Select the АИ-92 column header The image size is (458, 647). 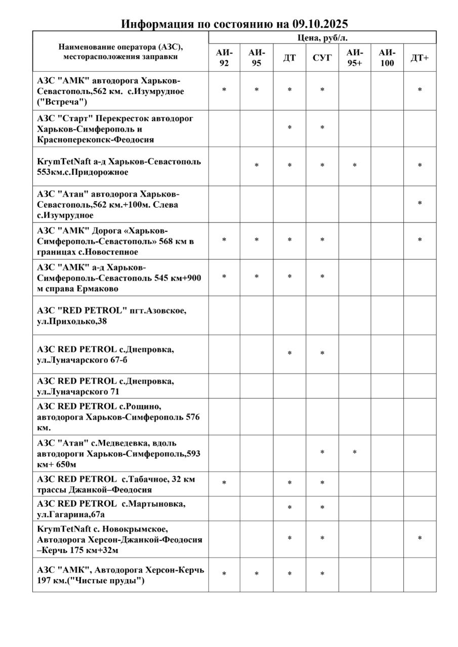[224, 58]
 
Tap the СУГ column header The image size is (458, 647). [322, 58]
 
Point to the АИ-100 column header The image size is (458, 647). [387, 58]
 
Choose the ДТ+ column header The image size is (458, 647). [420, 58]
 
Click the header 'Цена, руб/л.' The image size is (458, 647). [322, 37]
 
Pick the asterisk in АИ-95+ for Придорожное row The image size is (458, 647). [354, 166]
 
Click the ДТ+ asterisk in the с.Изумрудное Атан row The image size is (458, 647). [420, 204]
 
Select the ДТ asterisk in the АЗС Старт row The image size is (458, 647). [289, 128]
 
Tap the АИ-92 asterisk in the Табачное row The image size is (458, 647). [224, 484]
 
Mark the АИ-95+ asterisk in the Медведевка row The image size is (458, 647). [354, 453]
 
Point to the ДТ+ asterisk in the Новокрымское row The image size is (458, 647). [420, 539]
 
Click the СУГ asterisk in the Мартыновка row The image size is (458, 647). [322, 509]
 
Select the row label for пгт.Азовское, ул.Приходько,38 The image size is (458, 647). [115, 315]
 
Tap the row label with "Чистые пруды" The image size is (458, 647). [120, 575]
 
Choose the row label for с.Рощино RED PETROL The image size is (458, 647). [118, 417]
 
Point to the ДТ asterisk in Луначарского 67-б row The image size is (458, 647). [289, 354]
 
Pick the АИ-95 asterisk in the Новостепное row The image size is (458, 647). [257, 240]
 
